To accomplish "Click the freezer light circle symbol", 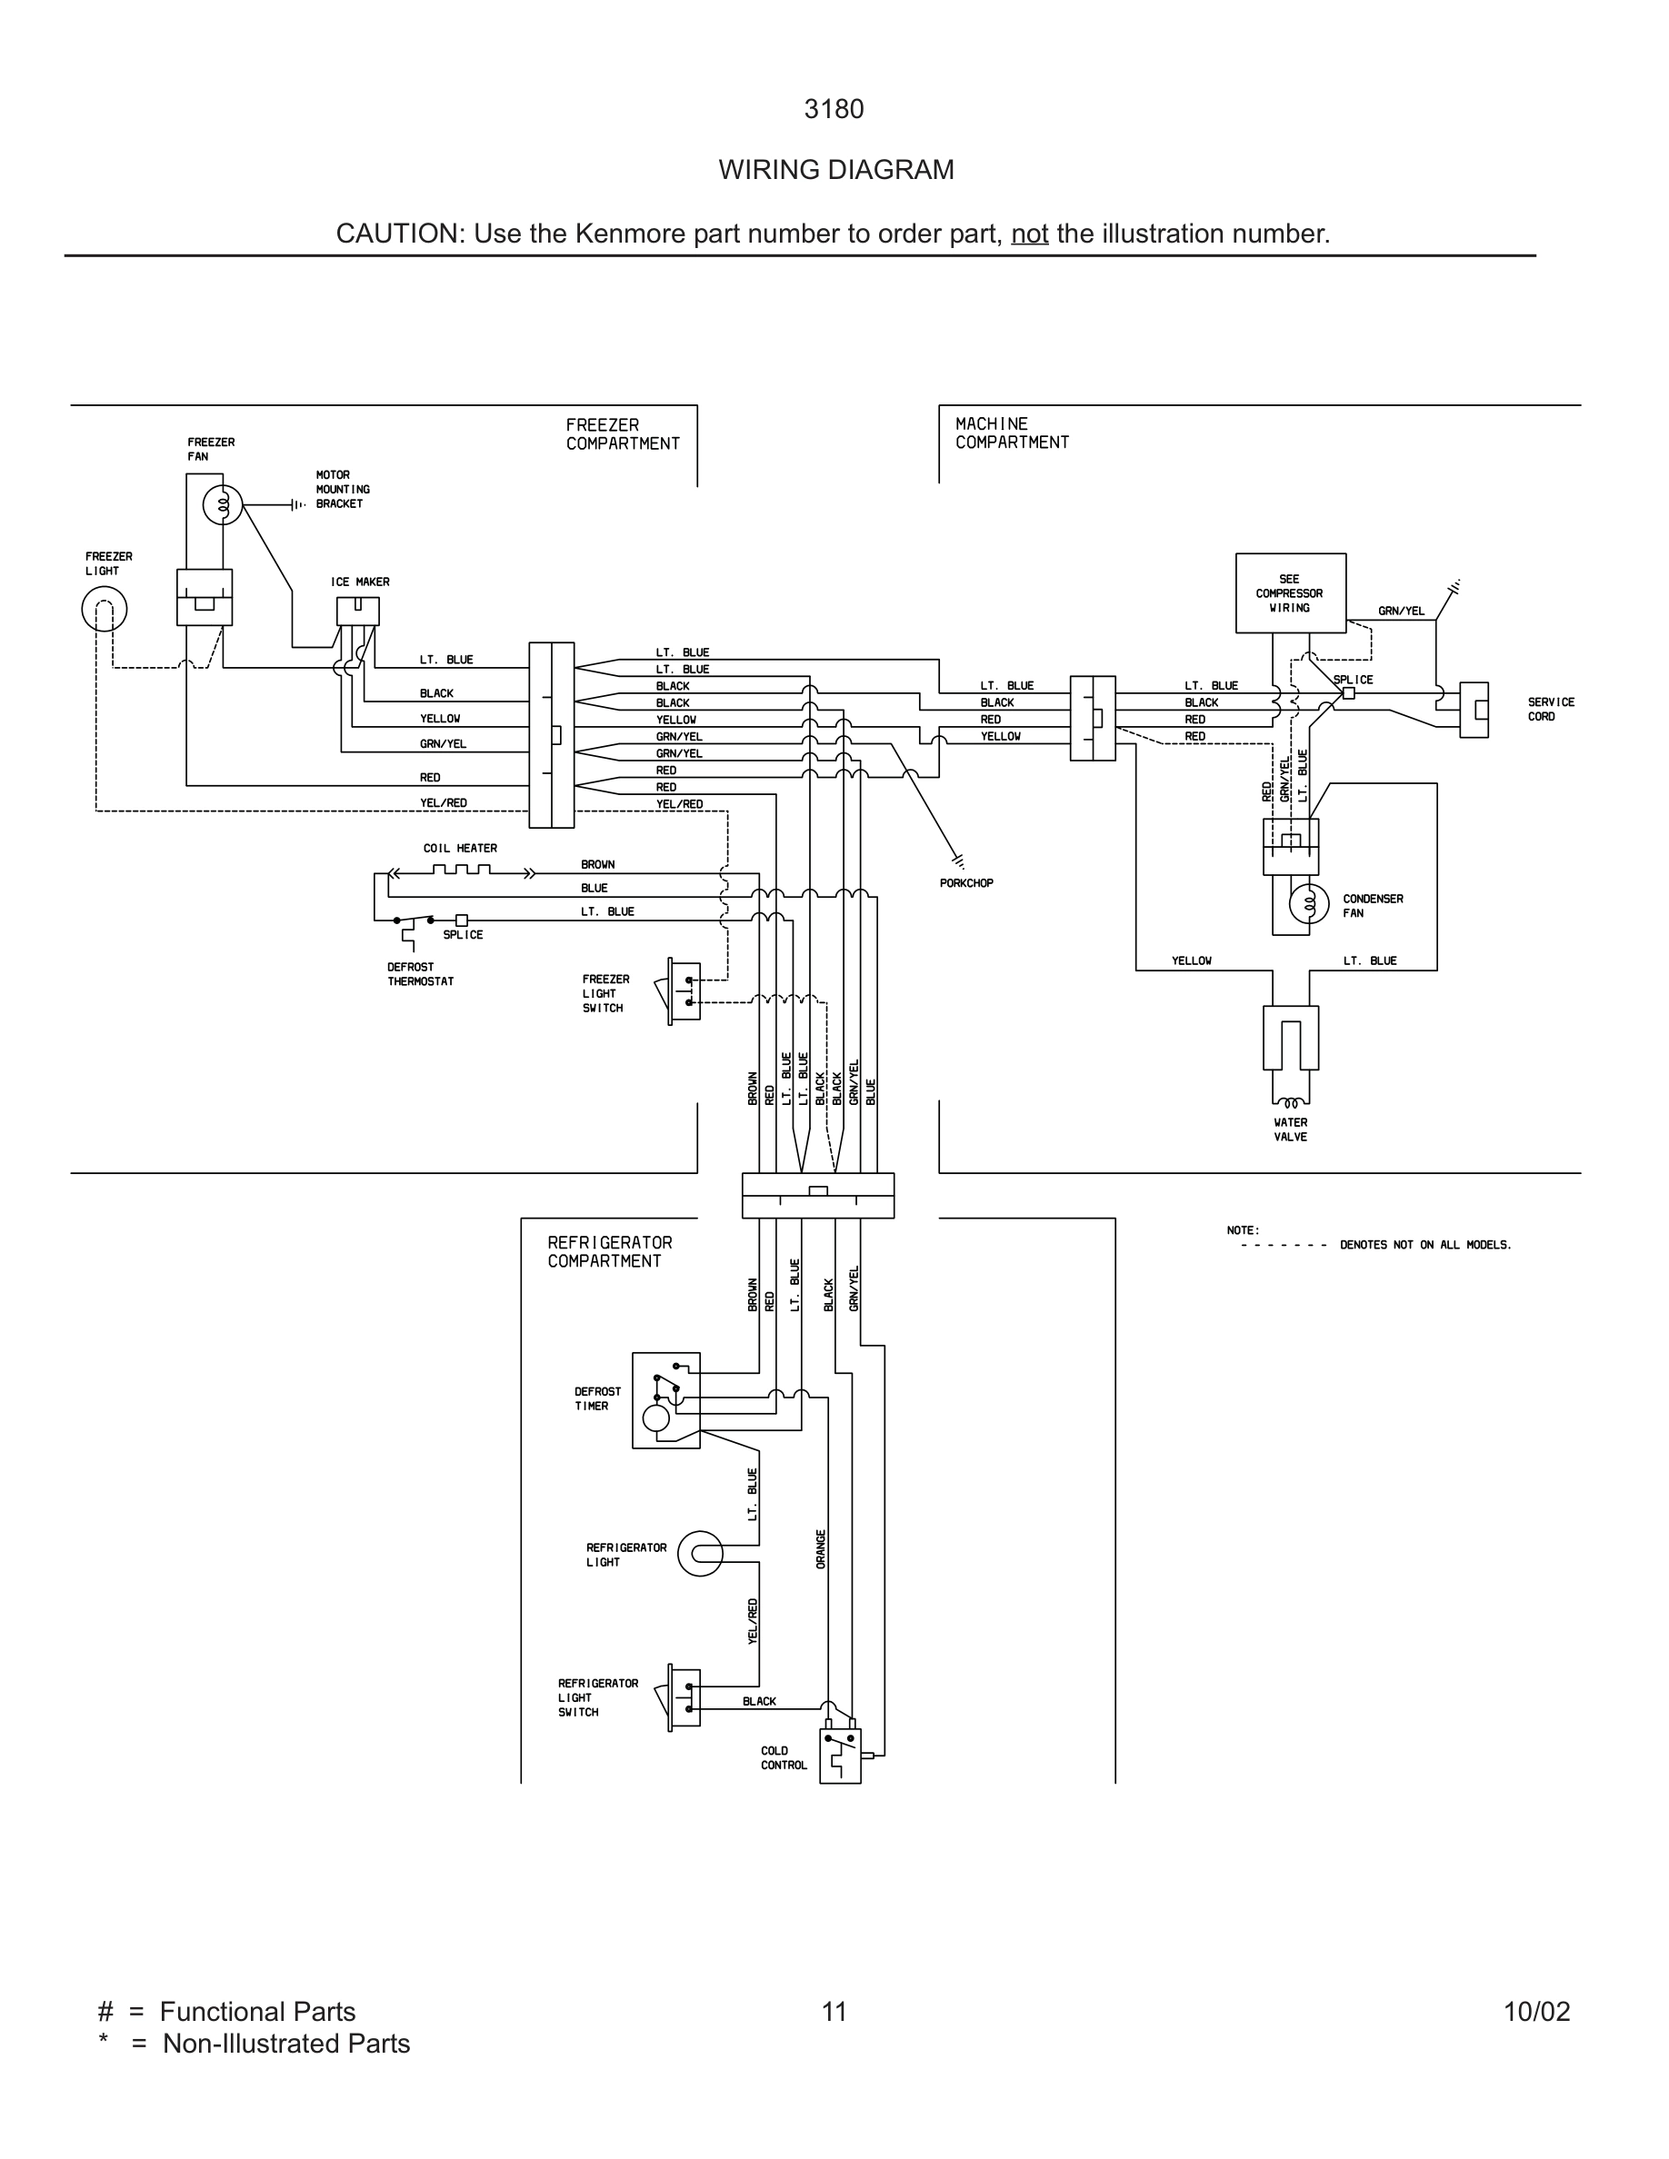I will point(104,609).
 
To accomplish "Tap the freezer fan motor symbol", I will point(223,506).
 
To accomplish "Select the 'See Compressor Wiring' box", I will point(1290,593).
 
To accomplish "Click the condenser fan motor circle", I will point(1308,902).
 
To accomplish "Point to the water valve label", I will point(1290,1129).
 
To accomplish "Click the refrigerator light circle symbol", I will point(700,1554).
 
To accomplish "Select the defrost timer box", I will point(665,1401).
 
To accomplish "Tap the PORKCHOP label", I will point(966,883).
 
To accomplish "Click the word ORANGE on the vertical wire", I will point(821,1548).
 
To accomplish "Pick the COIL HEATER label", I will point(460,848).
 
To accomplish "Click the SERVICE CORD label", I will point(1550,709).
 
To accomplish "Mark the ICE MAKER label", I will point(360,582).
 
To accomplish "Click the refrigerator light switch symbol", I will point(685,1698).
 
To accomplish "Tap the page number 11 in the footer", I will point(834,2012).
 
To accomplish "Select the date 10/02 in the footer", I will point(1536,2012).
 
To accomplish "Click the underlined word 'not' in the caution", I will point(1029,234).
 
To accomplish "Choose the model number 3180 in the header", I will point(834,110).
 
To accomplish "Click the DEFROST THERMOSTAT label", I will point(420,975).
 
